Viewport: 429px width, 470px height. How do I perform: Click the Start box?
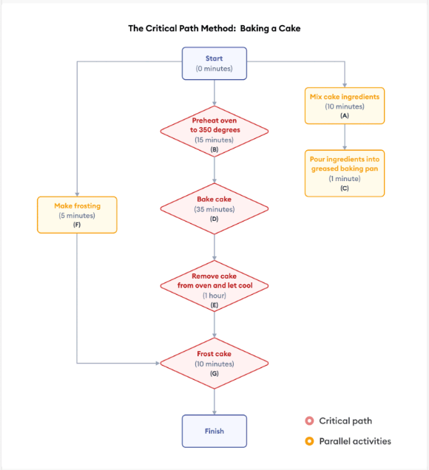click(214, 64)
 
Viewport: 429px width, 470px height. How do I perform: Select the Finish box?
click(214, 431)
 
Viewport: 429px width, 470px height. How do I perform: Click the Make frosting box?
click(77, 214)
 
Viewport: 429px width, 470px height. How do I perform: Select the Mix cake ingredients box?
click(345, 106)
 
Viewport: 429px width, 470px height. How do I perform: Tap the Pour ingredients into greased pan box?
click(345, 174)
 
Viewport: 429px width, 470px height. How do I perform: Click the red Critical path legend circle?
click(309, 421)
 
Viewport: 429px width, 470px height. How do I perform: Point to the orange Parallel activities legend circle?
click(309, 441)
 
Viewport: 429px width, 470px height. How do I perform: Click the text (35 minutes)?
click(214, 209)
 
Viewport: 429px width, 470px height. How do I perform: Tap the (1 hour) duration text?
click(214, 296)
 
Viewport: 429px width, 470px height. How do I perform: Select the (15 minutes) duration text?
click(214, 139)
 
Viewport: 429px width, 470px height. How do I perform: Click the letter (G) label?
click(214, 374)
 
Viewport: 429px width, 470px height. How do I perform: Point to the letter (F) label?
click(77, 224)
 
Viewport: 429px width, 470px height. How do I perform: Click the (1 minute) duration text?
click(345, 179)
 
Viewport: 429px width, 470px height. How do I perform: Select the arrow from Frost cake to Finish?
click(214, 401)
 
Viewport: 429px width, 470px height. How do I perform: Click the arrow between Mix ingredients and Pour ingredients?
click(345, 137)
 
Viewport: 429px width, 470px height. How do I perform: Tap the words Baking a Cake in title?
click(274, 29)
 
